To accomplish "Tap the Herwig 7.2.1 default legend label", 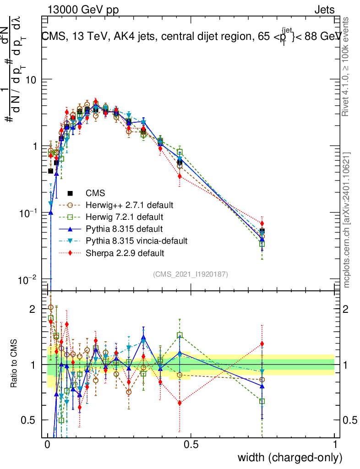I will click(x=124, y=217).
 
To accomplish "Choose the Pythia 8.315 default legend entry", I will click(x=124, y=229).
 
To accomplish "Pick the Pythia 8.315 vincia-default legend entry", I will click(x=136, y=240).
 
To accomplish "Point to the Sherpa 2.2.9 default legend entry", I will click(x=125, y=252).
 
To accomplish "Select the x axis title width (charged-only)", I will click(x=289, y=458).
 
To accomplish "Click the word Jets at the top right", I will click(x=324, y=10).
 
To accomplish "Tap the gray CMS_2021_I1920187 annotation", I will click(x=191, y=274).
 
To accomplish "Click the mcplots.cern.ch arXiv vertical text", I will click(x=347, y=220).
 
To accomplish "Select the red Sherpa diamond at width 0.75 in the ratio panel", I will click(x=262, y=344).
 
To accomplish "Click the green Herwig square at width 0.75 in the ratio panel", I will click(x=262, y=401).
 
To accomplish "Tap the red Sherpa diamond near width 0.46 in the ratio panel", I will click(x=180, y=403).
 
